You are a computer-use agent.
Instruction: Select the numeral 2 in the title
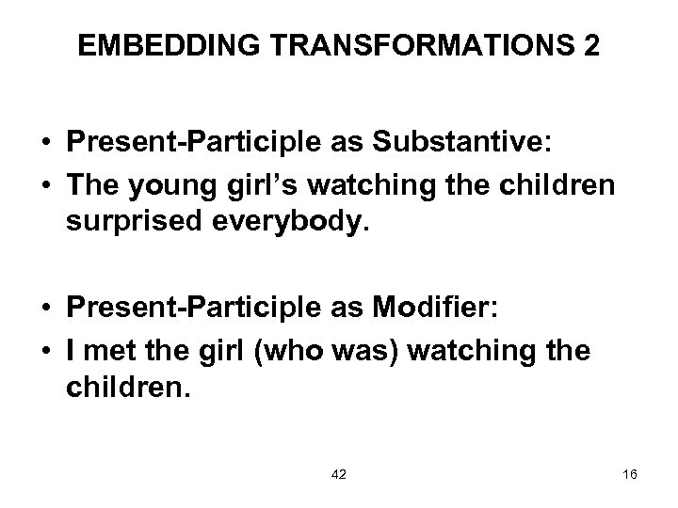click(589, 47)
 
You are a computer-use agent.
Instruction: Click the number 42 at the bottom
click(339, 475)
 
